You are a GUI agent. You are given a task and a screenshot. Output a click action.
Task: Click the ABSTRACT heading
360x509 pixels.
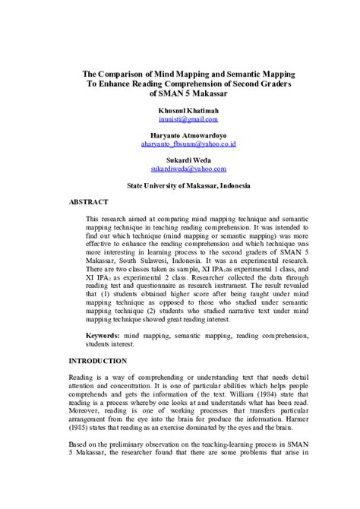[89, 202]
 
